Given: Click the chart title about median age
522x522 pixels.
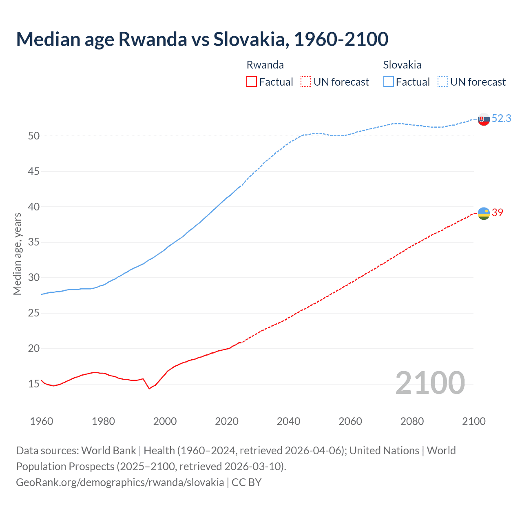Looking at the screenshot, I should coord(202,39).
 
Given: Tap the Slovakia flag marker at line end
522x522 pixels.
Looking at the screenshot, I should coord(484,119).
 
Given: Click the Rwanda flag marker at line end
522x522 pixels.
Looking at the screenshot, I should coord(484,213).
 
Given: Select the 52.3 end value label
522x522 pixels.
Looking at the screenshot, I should coord(501,118).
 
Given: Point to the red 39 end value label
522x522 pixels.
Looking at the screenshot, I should coord(498,212).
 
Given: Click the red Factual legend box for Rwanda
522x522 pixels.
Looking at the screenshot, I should coord(252,82).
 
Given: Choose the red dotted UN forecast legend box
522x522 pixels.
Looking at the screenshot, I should coord(306,82).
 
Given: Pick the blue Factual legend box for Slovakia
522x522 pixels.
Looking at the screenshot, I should coord(389,82).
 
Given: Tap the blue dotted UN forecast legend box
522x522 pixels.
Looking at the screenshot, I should coord(443,82).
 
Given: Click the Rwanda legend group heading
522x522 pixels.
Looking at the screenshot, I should coord(265,65).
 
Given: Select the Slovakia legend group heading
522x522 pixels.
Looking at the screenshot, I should coord(402,65).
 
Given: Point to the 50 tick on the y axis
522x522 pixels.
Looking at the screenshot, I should coord(34,136).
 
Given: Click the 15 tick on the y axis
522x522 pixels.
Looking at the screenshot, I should coord(34,384).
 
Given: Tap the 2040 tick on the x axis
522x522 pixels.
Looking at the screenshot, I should coord(288,421).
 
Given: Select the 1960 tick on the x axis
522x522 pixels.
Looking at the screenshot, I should coord(42,421).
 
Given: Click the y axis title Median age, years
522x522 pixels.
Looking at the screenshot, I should coord(17,254).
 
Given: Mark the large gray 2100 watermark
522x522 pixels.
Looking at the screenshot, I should coord(430,383).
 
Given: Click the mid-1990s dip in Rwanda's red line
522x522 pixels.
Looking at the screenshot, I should coord(149,388).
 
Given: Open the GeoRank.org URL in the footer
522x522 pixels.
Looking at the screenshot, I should coord(120,482).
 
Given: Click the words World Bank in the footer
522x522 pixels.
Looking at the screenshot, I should coord(108,451).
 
